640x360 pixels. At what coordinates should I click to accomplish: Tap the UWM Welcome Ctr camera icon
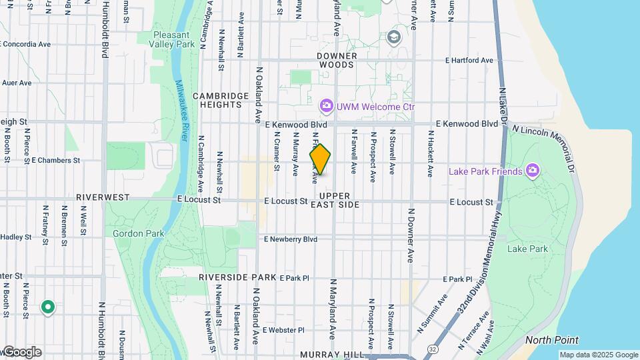pos(326,106)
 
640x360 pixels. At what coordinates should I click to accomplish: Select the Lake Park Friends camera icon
pos(532,171)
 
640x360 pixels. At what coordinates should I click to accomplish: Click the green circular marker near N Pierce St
pos(47,307)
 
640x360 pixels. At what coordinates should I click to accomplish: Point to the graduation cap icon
pos(394,37)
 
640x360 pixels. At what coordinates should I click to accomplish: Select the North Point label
pos(551,340)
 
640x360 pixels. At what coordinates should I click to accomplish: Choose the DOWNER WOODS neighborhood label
pos(337,61)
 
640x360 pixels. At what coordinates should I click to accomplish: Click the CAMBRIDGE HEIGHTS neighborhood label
pos(217,100)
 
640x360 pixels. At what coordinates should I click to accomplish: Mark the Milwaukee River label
pos(181,110)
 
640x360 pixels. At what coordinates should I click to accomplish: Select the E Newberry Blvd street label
pos(291,239)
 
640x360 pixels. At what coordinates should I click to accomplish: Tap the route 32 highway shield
pos(433,349)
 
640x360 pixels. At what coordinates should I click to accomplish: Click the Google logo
pos(21,352)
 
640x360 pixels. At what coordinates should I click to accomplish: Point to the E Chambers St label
pos(56,161)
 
